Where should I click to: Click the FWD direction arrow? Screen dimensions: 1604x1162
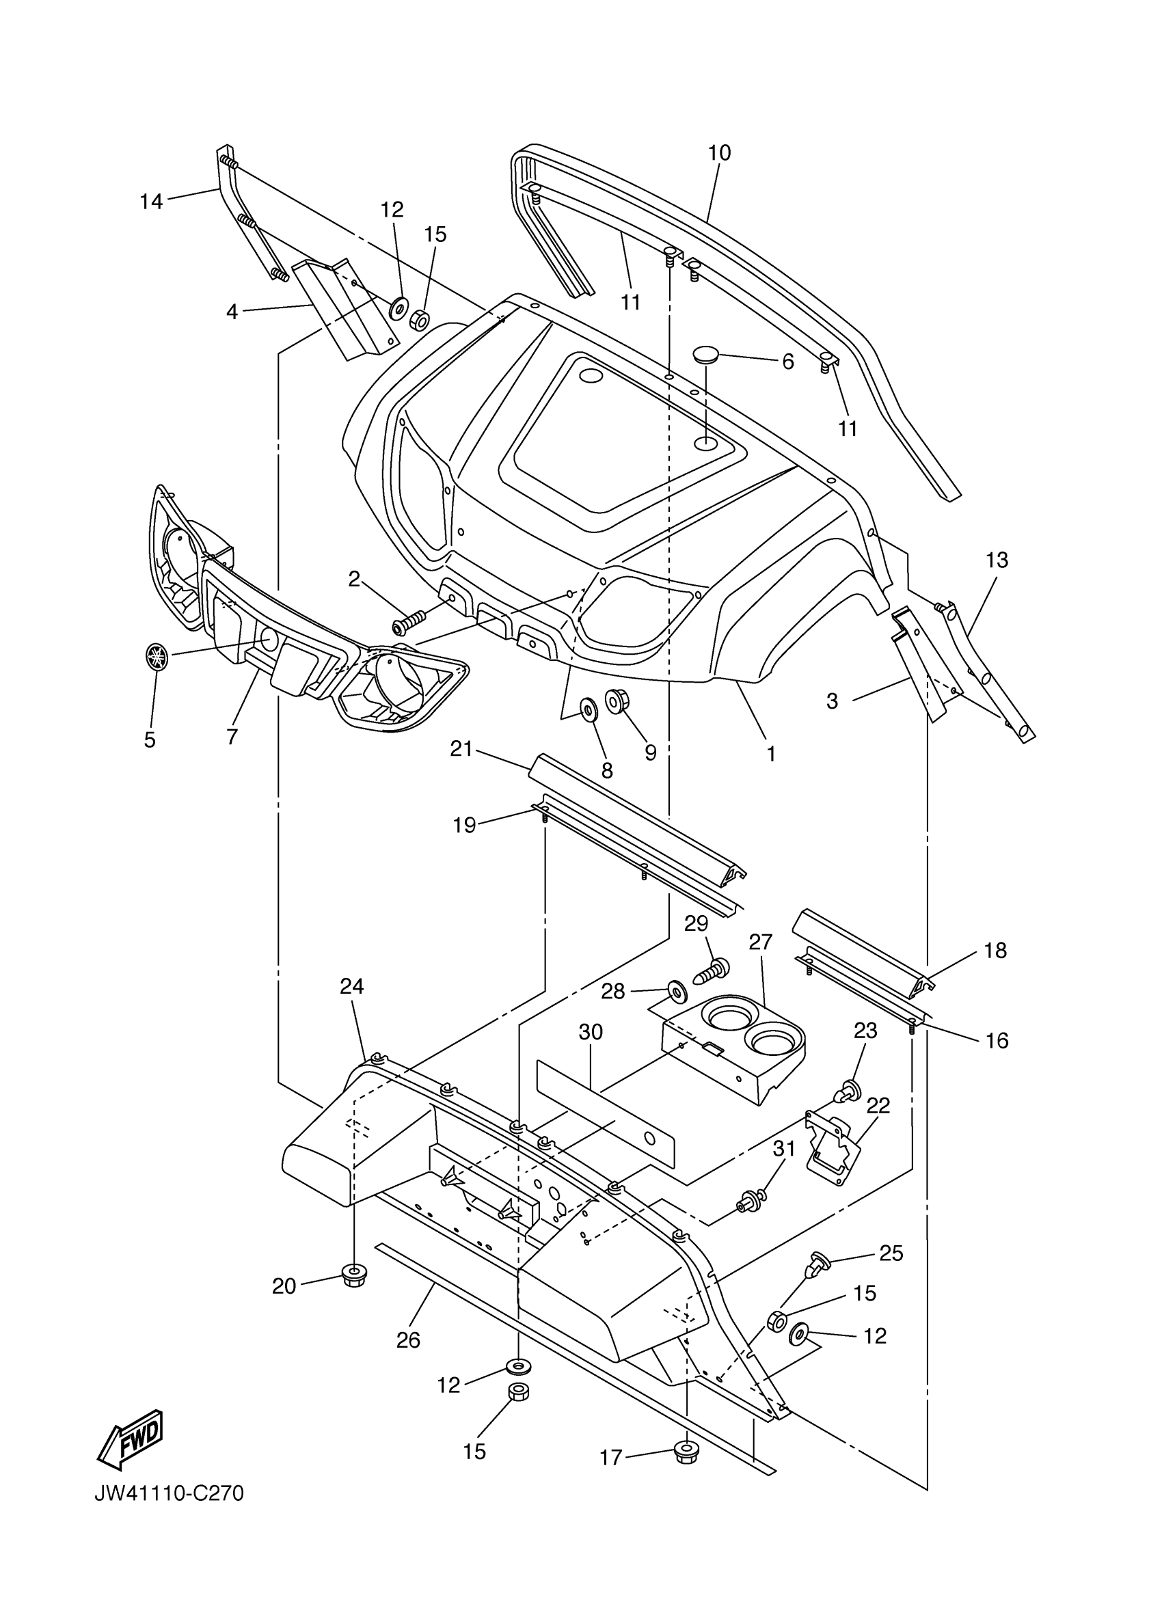[131, 1437]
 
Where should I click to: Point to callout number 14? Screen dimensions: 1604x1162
[151, 202]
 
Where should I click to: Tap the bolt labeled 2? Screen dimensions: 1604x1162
[409, 623]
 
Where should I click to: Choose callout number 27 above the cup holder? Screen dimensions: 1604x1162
[761, 942]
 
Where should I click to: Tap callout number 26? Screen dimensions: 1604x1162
[409, 1340]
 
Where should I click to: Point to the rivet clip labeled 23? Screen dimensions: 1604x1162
[848, 1093]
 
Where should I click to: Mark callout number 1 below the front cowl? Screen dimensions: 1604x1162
[771, 754]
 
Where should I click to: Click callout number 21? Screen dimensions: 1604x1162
[461, 748]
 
